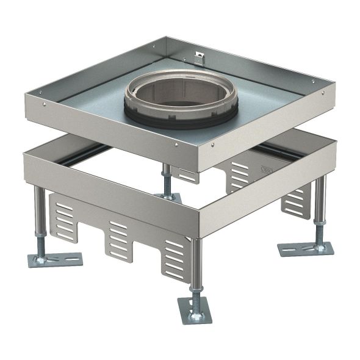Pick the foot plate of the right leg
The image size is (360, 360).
pos(305,248)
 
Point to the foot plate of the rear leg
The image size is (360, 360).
pos(167,196)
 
